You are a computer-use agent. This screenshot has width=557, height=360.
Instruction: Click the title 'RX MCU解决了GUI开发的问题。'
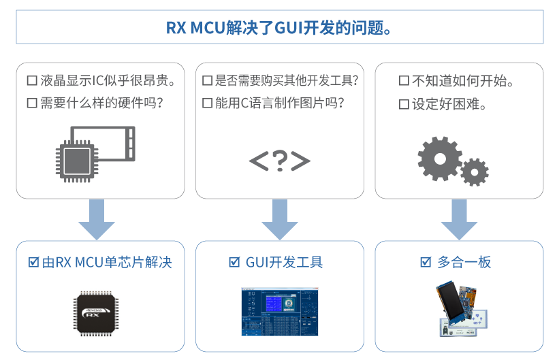tap(278, 28)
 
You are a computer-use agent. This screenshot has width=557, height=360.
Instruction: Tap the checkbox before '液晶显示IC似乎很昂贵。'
tap(31, 81)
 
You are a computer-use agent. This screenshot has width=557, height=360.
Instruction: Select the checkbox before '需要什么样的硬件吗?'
tap(31, 103)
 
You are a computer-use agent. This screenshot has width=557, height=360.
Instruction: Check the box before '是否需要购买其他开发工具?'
tap(207, 81)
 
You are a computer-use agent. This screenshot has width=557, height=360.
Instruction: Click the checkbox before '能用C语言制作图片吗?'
tap(207, 103)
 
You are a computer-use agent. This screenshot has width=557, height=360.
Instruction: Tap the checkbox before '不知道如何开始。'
tap(404, 81)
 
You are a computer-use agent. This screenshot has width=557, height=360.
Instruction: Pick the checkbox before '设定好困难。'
tap(404, 104)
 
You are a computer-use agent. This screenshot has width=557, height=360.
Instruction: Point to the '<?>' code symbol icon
tap(279, 161)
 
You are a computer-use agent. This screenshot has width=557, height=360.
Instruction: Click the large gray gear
tap(439, 159)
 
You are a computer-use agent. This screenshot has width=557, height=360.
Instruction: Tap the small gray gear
tap(474, 171)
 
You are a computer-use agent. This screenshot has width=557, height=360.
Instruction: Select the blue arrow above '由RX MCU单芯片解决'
tap(97, 219)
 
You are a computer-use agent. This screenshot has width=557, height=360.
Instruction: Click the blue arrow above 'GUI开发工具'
tap(279, 219)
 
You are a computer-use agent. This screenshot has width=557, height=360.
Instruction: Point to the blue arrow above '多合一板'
tap(459, 219)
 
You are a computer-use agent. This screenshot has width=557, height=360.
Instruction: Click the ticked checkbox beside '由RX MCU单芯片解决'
tap(33, 263)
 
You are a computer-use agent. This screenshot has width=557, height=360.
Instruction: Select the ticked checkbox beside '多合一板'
tap(426, 263)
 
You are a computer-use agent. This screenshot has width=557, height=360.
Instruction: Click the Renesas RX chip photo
tap(96, 312)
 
